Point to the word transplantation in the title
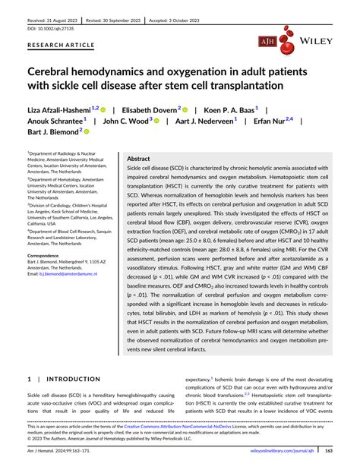pyautogui.click(x=235, y=85)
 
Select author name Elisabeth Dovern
pyautogui.click(x=147, y=111)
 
